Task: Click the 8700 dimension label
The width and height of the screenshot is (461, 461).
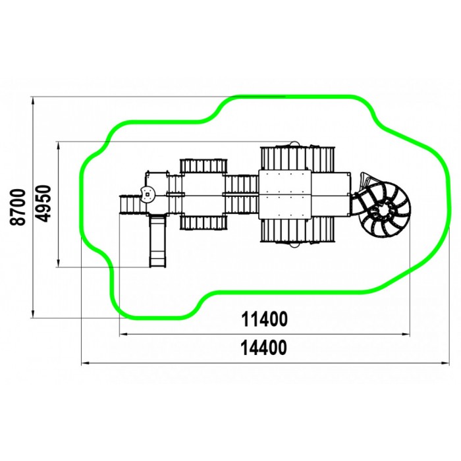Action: (x=18, y=207)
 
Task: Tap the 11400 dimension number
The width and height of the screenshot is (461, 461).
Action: (x=264, y=319)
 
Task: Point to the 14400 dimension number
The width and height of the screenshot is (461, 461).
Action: (x=263, y=348)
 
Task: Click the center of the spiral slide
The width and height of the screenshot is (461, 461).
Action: (x=386, y=209)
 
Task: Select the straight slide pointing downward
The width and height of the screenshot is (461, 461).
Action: (x=157, y=240)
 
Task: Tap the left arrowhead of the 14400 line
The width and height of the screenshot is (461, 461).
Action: (x=85, y=364)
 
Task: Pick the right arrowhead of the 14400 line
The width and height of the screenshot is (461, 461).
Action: (x=445, y=364)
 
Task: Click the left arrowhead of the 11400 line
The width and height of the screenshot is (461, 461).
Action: (x=124, y=335)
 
